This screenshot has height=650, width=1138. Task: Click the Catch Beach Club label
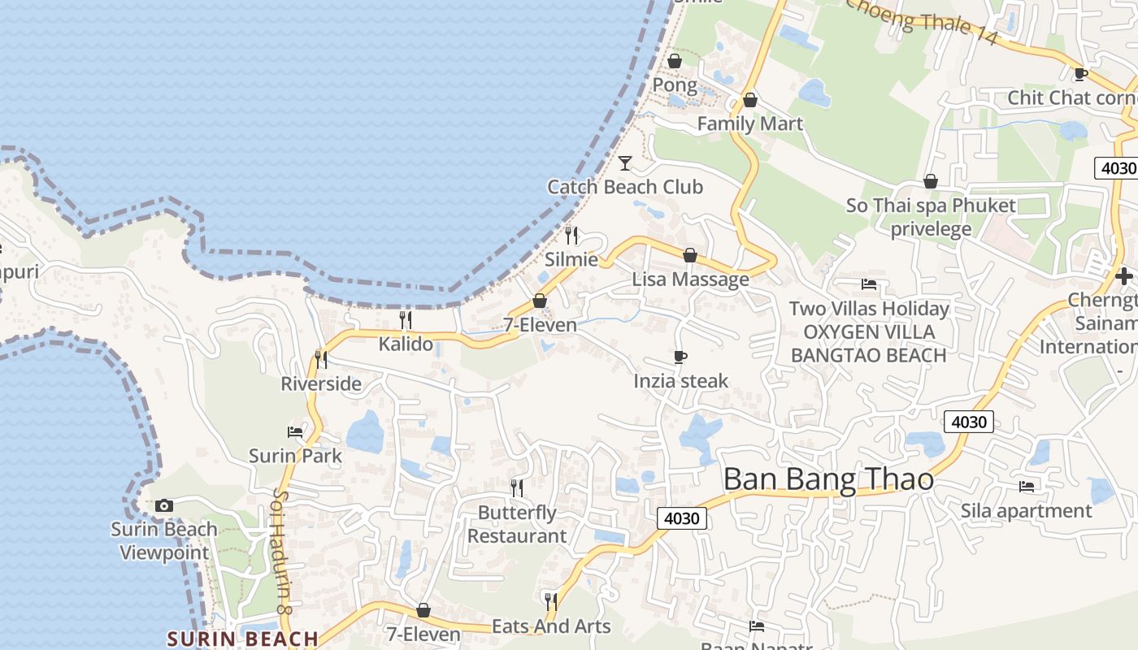624,187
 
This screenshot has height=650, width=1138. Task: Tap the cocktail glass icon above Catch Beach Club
624,163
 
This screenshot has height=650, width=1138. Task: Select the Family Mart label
749,124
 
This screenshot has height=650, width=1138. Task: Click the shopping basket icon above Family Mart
749,100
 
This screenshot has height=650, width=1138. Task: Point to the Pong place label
675,85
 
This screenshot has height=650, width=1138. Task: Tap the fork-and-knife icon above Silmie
571,236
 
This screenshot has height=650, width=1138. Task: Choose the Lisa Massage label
690,279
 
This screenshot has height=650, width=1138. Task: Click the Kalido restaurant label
406,344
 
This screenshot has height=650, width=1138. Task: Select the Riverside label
321,383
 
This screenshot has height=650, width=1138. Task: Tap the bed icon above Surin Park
295,432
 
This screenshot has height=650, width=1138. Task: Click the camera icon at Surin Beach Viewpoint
164,505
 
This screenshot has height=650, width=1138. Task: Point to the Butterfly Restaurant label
517,524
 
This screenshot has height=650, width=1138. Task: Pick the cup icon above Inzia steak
680,357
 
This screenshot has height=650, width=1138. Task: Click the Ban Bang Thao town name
828,479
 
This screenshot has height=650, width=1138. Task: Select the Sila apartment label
1026,511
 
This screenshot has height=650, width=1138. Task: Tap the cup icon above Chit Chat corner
1080,74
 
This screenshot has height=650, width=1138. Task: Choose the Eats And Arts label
551,626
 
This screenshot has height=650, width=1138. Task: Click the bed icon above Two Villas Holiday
869,284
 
